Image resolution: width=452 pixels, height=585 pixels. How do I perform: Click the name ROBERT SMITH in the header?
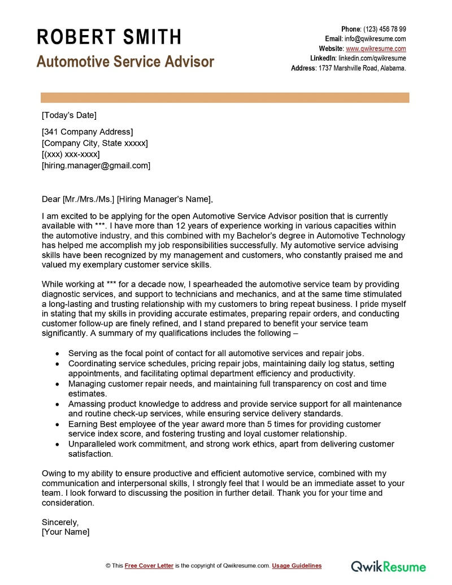109,37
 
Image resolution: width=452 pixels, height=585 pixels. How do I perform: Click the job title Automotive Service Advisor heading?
125,62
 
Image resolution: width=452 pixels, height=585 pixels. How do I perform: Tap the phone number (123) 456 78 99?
384,29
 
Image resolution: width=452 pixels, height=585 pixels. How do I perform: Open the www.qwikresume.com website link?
376,49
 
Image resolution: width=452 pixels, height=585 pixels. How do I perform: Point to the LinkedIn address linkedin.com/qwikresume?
372,58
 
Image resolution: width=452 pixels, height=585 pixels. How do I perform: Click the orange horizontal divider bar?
224,98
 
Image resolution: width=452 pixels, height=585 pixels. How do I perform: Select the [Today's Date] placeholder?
69,115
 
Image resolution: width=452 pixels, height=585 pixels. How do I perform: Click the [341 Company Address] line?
88,132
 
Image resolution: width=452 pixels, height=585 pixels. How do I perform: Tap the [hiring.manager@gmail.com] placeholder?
96,166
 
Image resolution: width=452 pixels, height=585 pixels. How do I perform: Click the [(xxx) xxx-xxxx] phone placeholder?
71,154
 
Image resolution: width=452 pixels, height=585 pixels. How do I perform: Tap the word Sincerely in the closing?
60,522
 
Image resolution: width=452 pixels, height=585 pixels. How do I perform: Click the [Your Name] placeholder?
66,532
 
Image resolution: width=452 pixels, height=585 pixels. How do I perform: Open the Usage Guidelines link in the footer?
297,566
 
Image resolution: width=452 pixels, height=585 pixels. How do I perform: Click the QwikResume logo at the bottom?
389,566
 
